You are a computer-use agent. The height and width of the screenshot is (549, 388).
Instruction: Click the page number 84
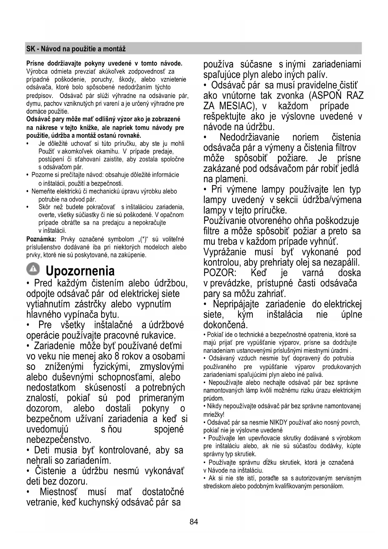194,521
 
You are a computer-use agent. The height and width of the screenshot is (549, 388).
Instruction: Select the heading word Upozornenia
80,271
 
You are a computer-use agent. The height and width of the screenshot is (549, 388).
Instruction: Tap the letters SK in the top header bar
30,49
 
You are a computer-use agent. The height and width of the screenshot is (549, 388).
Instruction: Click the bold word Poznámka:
41,239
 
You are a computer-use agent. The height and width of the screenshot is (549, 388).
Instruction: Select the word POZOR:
220,273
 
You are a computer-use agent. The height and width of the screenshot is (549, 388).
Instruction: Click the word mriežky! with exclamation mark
214,414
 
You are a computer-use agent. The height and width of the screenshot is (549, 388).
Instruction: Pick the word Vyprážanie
225,252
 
